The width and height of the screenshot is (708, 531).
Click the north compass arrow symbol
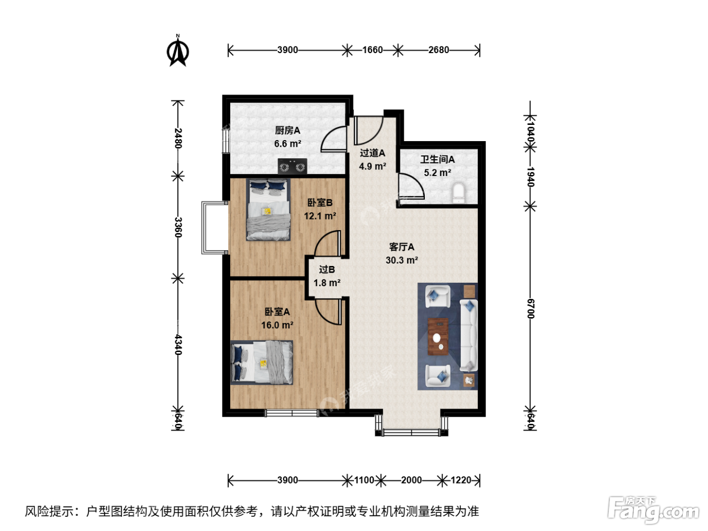178,51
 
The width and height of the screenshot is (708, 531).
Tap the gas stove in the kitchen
292,166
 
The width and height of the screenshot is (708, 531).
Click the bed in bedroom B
268,210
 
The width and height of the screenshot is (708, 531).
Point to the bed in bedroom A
261,363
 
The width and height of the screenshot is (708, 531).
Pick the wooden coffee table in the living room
438,337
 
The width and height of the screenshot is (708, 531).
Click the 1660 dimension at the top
372,50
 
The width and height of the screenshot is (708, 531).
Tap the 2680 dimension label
438,50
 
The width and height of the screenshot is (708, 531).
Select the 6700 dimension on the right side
530,308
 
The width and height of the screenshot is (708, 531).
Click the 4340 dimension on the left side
178,345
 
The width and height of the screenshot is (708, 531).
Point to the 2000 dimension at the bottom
411,480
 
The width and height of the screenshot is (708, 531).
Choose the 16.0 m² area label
277,325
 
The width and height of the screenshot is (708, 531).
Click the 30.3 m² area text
402,260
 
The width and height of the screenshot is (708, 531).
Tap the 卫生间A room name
437,159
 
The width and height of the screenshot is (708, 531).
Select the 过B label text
327,269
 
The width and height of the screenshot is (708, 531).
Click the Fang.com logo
653,510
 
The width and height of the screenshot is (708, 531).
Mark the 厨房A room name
287,130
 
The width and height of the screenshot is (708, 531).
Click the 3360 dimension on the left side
178,227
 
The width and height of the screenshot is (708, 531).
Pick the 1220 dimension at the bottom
461,480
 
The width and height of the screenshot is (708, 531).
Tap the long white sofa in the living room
468,335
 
